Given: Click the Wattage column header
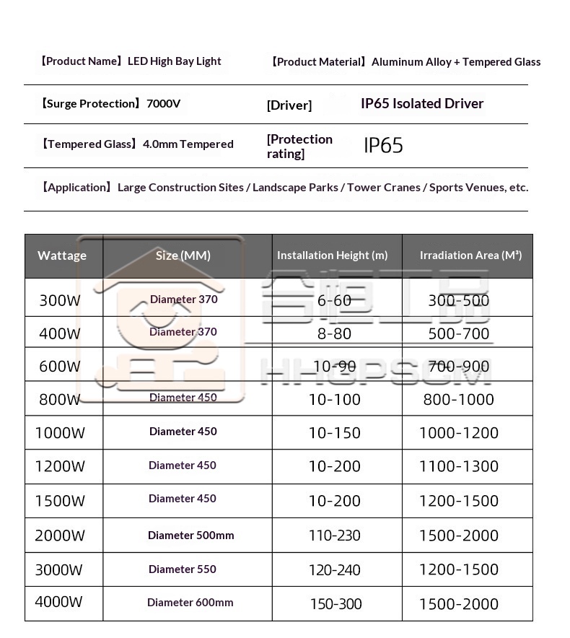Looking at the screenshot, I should [x=62, y=255].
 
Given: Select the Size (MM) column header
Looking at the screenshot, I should [x=183, y=255].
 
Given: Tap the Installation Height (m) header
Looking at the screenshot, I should [x=333, y=255].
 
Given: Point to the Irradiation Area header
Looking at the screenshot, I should [x=471, y=255].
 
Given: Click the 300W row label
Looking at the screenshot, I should [x=60, y=300].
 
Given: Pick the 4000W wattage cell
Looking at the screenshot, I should [x=59, y=602].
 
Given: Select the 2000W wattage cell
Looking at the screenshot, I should [x=60, y=536].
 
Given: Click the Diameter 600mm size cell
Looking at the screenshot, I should [x=190, y=603].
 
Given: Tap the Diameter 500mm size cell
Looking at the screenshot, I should [x=191, y=536].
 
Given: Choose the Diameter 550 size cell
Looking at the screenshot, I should [x=183, y=569].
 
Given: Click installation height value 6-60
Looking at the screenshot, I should [x=335, y=300].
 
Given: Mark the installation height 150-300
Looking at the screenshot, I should [x=336, y=604].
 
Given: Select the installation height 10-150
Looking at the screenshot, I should [x=335, y=433].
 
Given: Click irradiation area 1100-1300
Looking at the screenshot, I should [x=459, y=466].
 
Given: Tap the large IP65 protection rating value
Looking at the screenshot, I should [x=383, y=146].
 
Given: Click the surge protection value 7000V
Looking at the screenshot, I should [x=164, y=103].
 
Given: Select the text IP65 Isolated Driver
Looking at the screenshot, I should [x=422, y=103].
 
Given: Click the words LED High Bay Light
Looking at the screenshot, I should [x=175, y=61].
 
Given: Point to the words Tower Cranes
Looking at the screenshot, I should [x=384, y=188].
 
